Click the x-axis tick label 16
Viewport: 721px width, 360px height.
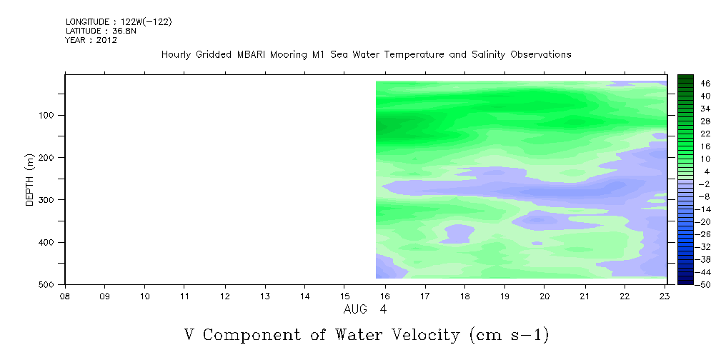[x=385, y=295]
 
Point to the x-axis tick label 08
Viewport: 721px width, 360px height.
[x=65, y=295]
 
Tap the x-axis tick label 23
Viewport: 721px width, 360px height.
[x=665, y=295]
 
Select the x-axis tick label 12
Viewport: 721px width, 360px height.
[x=225, y=295]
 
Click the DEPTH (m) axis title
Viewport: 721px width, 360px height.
[x=30, y=180]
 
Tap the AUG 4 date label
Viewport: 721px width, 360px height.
[x=365, y=309]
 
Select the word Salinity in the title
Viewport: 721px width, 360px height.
[x=488, y=55]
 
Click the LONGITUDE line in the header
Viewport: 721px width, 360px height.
[x=119, y=21]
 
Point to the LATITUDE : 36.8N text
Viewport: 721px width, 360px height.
[x=101, y=31]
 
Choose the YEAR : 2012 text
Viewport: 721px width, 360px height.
[x=91, y=40]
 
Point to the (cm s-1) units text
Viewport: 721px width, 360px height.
[x=509, y=335]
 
